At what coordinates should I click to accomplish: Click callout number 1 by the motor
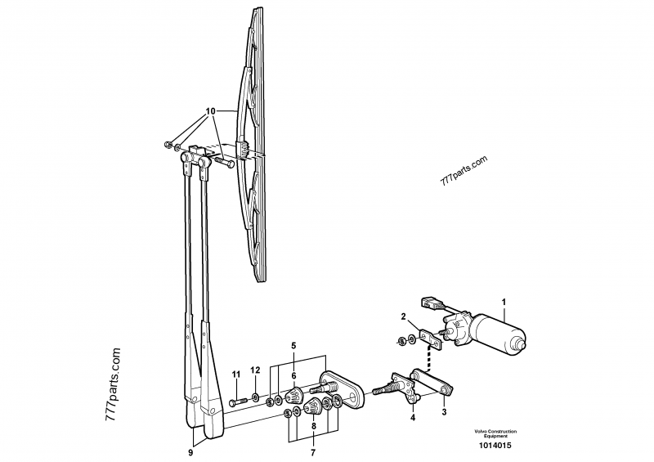[504, 300]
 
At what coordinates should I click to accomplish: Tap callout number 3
[445, 412]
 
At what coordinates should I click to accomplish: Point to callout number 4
[412, 418]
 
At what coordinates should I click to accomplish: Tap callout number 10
[210, 110]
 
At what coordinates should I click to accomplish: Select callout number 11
[235, 375]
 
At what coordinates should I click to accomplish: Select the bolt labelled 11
[236, 401]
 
